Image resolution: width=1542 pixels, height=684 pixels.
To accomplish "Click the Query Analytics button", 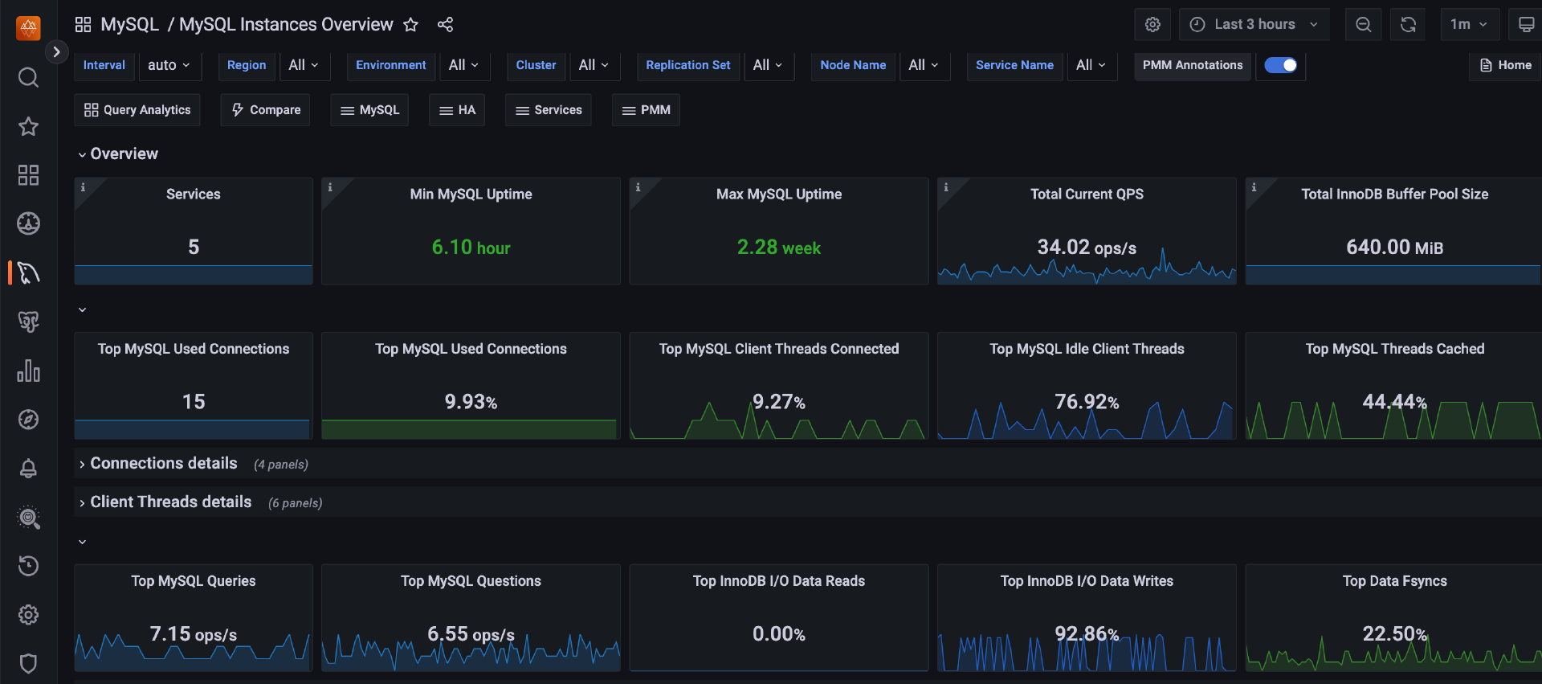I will pyautogui.click(x=137, y=110).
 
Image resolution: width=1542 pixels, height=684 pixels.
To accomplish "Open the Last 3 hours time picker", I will pyautogui.click(x=1254, y=24).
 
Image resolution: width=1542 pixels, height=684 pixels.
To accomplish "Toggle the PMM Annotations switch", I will pyautogui.click(x=1280, y=65).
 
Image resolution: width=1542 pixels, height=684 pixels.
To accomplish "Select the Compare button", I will pyautogui.click(x=265, y=110).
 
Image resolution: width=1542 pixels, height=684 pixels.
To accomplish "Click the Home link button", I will pyautogui.click(x=1505, y=65).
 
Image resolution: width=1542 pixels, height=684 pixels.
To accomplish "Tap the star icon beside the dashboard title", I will pyautogui.click(x=410, y=25).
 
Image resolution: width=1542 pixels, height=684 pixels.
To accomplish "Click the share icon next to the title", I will pyautogui.click(x=445, y=25).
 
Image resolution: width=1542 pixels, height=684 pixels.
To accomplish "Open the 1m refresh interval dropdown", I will pyautogui.click(x=1469, y=24).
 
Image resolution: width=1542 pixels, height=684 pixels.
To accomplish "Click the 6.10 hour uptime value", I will pyautogui.click(x=471, y=248).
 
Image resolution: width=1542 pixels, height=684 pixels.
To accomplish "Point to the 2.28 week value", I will pyautogui.click(x=778, y=248).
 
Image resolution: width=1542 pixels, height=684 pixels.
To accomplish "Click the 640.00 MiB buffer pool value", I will pyautogui.click(x=1394, y=248).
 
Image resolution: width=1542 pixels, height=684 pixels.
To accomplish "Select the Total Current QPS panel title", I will pyautogui.click(x=1087, y=195).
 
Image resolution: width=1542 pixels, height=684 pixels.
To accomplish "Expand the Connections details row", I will pyautogui.click(x=163, y=464).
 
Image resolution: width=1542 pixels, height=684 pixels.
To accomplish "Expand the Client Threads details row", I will pyautogui.click(x=170, y=502).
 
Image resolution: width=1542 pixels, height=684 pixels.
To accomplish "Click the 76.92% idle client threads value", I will pyautogui.click(x=1087, y=402).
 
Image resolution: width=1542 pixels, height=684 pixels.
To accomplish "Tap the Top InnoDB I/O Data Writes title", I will pyautogui.click(x=1087, y=581).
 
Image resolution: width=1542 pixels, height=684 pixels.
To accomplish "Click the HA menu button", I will pyautogui.click(x=457, y=110).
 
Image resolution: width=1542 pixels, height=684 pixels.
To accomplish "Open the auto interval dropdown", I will pyautogui.click(x=169, y=65).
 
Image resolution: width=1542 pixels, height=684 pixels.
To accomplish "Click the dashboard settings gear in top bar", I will pyautogui.click(x=1152, y=24).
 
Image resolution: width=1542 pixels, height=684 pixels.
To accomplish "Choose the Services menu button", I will pyautogui.click(x=549, y=110).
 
